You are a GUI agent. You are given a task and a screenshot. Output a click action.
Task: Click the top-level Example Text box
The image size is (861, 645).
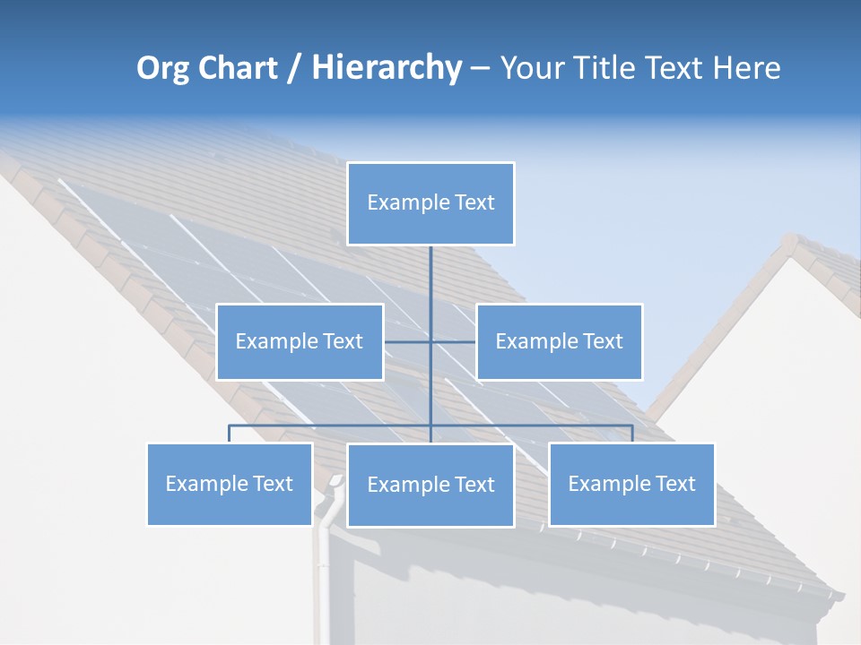coord(430,203)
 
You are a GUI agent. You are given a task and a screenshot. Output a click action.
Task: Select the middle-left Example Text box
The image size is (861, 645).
coord(300,341)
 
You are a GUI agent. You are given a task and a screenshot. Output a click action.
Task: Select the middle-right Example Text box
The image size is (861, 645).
coord(559,341)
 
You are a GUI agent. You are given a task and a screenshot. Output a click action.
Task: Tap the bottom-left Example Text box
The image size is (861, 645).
coord(230,485)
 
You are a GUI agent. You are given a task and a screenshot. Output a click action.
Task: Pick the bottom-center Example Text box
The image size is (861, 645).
coord(430,486)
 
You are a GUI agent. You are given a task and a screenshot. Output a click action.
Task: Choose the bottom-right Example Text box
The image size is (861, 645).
coord(631,485)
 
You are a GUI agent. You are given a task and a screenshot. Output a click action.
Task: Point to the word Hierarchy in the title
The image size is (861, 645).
coord(386,68)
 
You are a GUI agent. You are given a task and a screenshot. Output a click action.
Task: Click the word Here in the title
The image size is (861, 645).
coord(746,68)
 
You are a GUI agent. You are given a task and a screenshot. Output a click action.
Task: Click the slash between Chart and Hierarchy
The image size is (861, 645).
coord(294,69)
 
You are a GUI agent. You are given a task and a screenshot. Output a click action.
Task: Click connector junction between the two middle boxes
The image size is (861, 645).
coord(430,341)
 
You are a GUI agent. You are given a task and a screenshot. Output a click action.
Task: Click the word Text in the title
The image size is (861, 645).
coord(673,68)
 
